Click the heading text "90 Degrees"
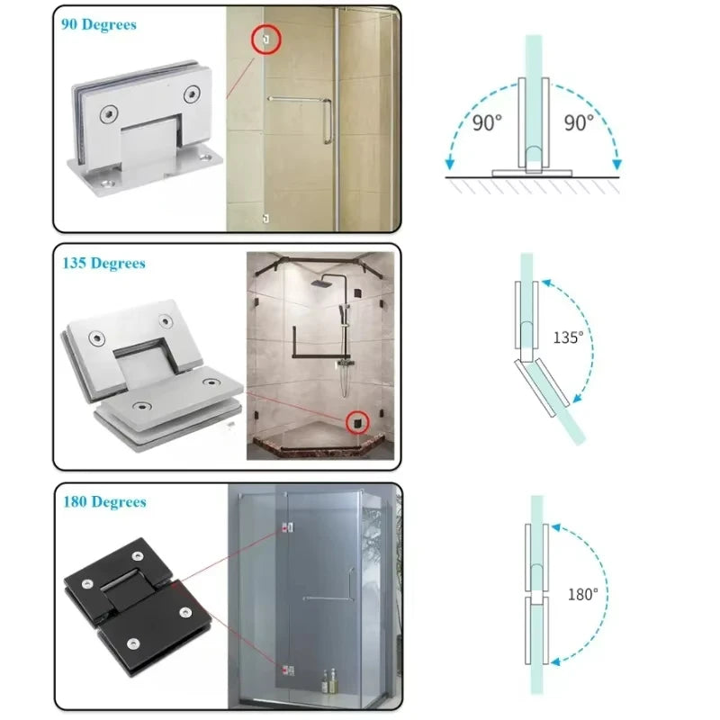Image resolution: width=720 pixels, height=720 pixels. (99, 24)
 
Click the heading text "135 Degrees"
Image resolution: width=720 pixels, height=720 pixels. (103, 263)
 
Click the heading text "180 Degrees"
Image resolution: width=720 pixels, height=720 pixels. (104, 501)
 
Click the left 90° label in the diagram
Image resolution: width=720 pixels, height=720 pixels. (487, 123)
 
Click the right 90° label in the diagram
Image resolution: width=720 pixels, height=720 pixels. (579, 123)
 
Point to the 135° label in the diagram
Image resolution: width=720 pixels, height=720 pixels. (568, 337)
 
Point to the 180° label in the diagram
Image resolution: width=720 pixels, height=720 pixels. (582, 594)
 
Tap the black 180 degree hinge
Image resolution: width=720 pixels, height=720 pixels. (138, 607)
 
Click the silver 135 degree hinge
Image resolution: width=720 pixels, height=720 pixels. (151, 375)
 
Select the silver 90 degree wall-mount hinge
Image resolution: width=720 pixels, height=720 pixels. (145, 129)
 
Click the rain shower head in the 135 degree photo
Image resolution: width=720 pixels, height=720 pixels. (320, 283)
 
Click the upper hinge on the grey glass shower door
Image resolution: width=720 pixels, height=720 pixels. (288, 528)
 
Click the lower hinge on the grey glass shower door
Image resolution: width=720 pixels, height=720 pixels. (288, 670)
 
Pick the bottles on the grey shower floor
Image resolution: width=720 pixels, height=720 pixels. (328, 681)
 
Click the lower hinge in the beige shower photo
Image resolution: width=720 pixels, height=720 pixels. (265, 219)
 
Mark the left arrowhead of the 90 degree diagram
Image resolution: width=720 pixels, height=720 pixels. (449, 164)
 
